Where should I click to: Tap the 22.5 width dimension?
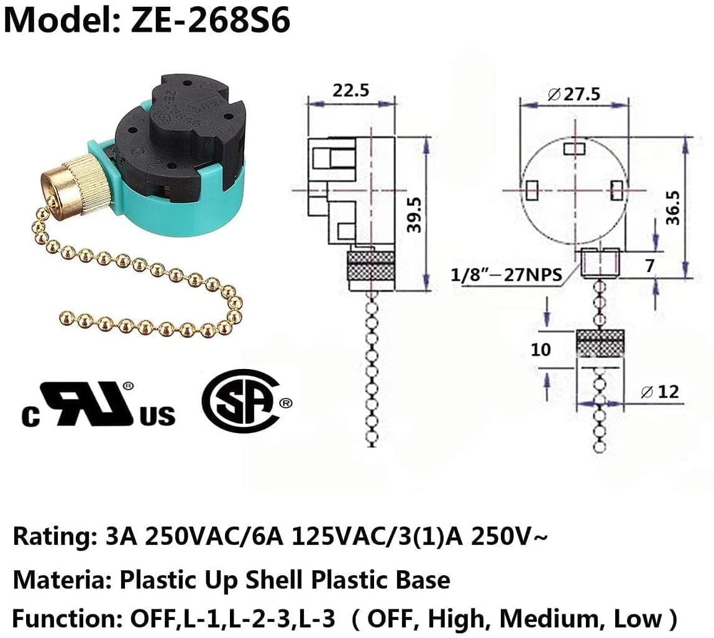pyautogui.click(x=350, y=90)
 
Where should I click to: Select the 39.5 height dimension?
pyautogui.click(x=414, y=215)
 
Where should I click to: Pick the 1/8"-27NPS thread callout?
pyautogui.click(x=506, y=274)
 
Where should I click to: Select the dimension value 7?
pyautogui.click(x=649, y=266)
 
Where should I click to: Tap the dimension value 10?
pyautogui.click(x=541, y=349)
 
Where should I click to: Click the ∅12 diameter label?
pyautogui.click(x=659, y=391)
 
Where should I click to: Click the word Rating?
pyautogui.click(x=50, y=535)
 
